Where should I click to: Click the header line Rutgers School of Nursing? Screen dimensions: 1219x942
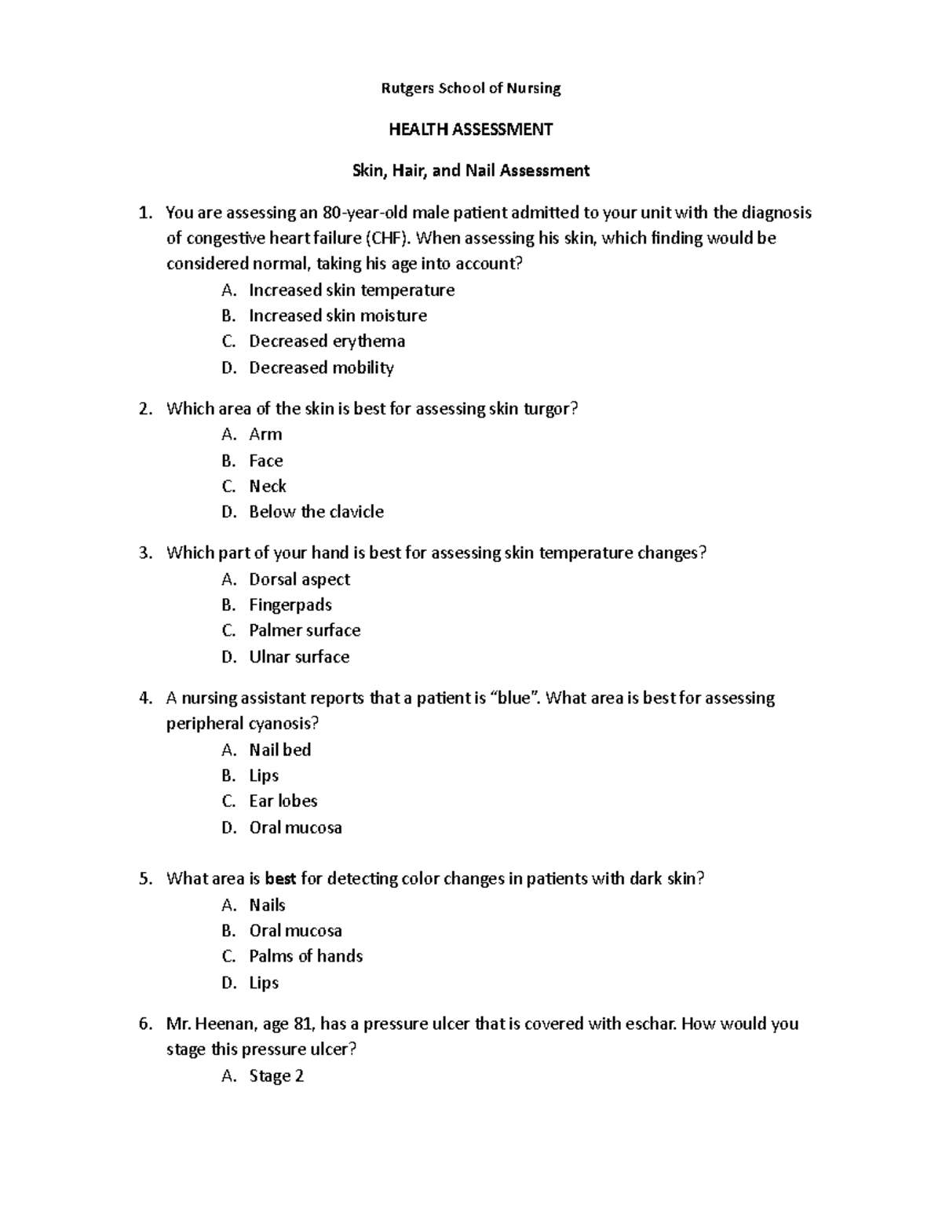(x=471, y=88)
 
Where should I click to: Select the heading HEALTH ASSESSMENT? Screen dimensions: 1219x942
(x=471, y=130)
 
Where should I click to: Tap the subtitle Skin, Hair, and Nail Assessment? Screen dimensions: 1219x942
(x=471, y=170)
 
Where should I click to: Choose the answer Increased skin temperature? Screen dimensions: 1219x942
(x=352, y=290)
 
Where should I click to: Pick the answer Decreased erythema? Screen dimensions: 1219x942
(x=327, y=341)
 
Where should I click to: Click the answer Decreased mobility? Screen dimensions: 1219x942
(x=321, y=367)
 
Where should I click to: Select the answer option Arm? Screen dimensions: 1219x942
(x=265, y=434)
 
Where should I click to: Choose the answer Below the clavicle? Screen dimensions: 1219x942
(x=316, y=512)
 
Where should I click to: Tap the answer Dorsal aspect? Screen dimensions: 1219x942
(x=299, y=579)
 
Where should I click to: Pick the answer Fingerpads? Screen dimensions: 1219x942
(x=290, y=605)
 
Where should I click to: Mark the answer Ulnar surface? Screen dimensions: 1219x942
(x=299, y=657)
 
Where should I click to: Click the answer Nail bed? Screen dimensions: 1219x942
(x=279, y=750)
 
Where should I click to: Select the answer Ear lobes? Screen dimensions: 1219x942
(x=283, y=801)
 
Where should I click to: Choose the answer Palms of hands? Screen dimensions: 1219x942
(x=305, y=956)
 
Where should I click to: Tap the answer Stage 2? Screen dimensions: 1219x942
(x=276, y=1076)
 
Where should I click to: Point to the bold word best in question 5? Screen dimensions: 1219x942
(x=281, y=879)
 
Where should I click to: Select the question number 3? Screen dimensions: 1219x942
(x=144, y=553)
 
